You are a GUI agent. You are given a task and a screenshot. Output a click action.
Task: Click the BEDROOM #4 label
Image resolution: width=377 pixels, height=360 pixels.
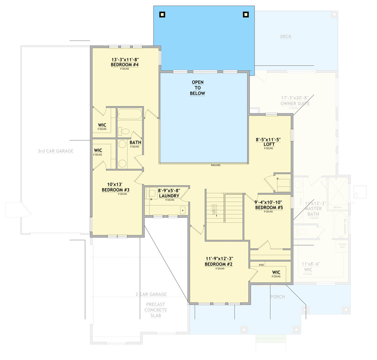tap(125, 65)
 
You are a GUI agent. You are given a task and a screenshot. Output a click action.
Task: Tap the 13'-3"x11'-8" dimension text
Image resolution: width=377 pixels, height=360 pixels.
tap(125, 59)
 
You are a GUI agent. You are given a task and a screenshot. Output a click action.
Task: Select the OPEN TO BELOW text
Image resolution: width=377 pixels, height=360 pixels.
tap(198, 88)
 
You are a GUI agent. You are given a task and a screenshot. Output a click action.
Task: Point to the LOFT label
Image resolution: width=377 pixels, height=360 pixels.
tap(268, 144)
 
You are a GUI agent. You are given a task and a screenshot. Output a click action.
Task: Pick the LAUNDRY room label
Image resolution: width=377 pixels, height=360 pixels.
tap(169, 196)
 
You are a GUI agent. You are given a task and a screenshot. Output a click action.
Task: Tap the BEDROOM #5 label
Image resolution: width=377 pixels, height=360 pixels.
tap(269, 207)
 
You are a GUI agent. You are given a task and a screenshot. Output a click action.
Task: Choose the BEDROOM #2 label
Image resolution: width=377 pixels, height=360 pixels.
tap(219, 264)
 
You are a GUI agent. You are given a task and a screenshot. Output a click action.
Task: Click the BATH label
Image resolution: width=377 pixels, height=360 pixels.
tap(135, 143)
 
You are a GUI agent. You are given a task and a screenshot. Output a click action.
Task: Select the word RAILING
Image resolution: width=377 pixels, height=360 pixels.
tap(216, 166)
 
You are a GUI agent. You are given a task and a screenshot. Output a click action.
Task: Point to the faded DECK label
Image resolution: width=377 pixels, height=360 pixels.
tap(286, 37)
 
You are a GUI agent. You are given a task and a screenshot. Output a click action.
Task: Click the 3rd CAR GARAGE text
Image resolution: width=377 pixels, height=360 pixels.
tap(55, 151)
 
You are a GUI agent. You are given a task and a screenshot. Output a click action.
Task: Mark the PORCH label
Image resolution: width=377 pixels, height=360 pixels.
tap(277, 297)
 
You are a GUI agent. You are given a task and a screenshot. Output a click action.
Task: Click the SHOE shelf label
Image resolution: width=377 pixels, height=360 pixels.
tap(261, 265)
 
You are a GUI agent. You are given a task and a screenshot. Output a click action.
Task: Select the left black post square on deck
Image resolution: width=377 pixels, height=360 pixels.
tap(162, 14)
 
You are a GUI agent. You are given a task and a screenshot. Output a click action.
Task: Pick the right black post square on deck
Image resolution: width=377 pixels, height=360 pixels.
tap(245, 14)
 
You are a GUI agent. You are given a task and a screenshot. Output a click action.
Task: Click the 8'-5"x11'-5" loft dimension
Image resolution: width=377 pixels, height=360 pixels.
tap(268, 139)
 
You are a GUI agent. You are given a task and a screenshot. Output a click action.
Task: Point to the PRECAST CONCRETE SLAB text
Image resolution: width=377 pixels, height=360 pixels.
tap(156, 310)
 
